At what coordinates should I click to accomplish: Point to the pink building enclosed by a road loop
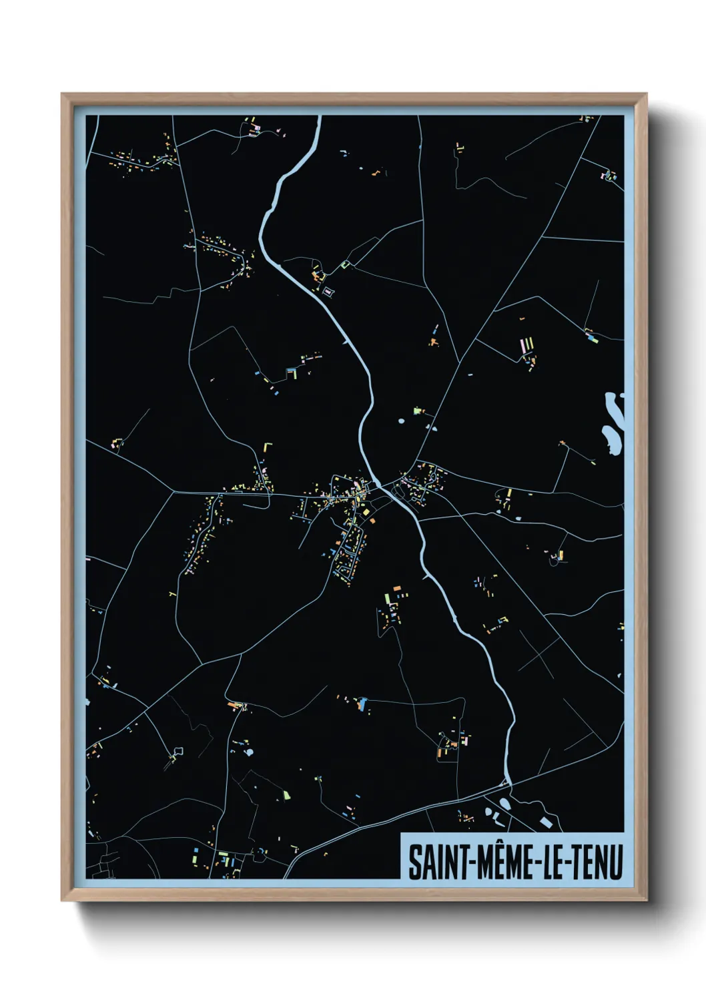tap(328, 291)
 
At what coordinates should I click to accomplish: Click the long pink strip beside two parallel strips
tap(522, 346)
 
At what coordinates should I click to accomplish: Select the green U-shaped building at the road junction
tap(345, 265)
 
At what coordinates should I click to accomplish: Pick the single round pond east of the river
tap(400, 421)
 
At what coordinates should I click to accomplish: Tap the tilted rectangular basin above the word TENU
tap(546, 823)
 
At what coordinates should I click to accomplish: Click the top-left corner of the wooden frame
tap(63, 95)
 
